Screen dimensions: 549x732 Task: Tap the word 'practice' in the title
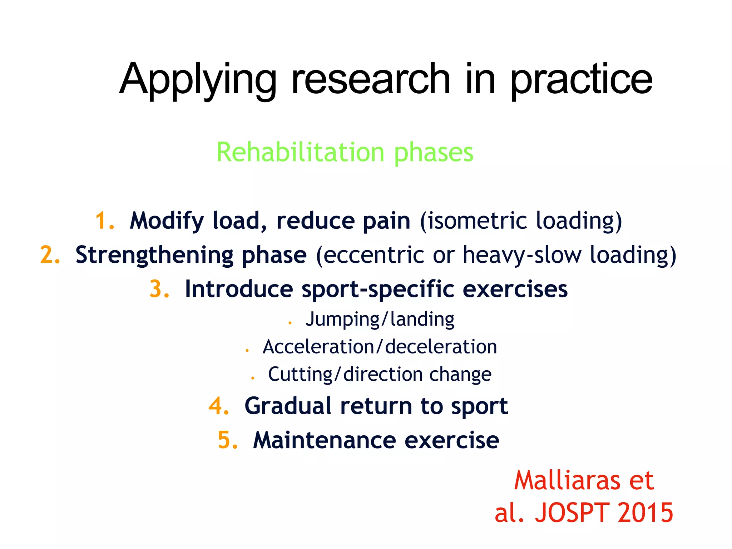click(582, 80)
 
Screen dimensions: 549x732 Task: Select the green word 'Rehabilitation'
click(300, 153)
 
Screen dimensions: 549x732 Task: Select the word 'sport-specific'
click(377, 290)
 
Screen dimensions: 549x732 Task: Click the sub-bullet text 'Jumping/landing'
click(380, 319)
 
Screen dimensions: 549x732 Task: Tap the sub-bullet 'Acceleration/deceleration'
click(380, 347)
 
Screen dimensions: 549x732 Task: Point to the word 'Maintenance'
click(324, 440)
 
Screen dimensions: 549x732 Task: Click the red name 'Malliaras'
click(567, 480)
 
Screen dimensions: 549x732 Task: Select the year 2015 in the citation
click(645, 513)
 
